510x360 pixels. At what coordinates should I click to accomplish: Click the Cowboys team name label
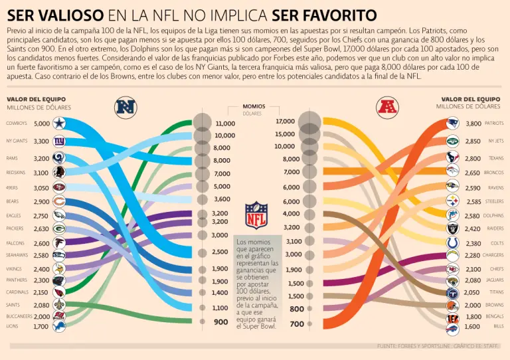pos(17,124)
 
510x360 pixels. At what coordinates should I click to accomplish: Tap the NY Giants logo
pos(59,141)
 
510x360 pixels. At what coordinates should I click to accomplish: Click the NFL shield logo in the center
pos(256,216)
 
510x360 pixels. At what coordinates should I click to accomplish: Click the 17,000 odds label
pos(285,122)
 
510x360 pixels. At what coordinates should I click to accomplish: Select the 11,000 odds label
pos(225,124)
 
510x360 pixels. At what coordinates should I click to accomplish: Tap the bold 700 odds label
pos(296,324)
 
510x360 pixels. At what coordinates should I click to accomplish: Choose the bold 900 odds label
pos(221,321)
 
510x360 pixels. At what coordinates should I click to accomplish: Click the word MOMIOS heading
pos(254,106)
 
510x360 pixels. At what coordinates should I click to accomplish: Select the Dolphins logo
pos(452,216)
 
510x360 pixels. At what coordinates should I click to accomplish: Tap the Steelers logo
pos(452,201)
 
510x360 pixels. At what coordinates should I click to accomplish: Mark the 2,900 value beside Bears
pos(41,201)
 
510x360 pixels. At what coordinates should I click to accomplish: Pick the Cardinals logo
pos(59,292)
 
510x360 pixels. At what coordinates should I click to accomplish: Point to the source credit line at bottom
pos(438,346)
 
